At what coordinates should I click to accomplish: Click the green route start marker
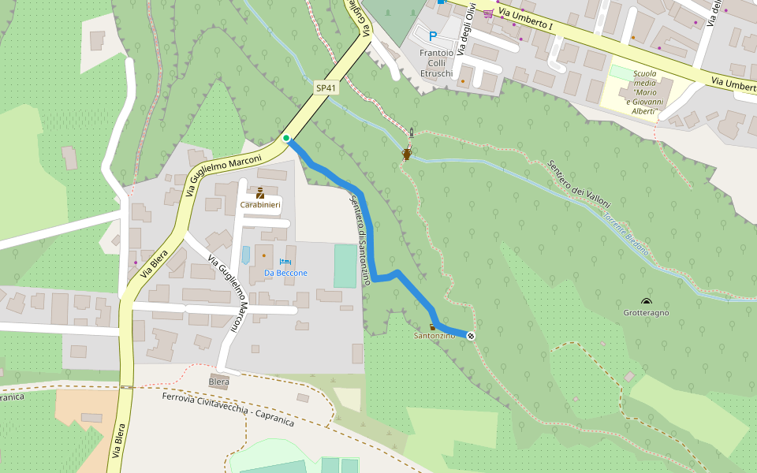pyautogui.click(x=285, y=139)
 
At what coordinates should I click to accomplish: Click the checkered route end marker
pyautogui.click(x=471, y=337)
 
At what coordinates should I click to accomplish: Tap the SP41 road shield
pyautogui.click(x=326, y=88)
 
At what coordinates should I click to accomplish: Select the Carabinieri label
pyautogui.click(x=259, y=205)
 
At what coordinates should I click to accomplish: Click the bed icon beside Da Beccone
pyautogui.click(x=285, y=261)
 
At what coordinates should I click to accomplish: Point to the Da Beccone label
pyautogui.click(x=285, y=273)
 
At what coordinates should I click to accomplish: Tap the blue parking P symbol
pyautogui.click(x=432, y=35)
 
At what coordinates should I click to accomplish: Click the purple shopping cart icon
pyautogui.click(x=488, y=13)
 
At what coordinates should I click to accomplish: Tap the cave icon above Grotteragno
pyautogui.click(x=647, y=302)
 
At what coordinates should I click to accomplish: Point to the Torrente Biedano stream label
pyautogui.click(x=626, y=234)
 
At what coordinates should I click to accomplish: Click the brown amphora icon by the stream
pyautogui.click(x=407, y=155)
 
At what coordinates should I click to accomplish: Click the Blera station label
pyautogui.click(x=218, y=382)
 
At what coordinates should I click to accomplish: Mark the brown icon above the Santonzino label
pyautogui.click(x=432, y=326)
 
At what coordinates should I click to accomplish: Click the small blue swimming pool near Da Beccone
pyautogui.click(x=245, y=255)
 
